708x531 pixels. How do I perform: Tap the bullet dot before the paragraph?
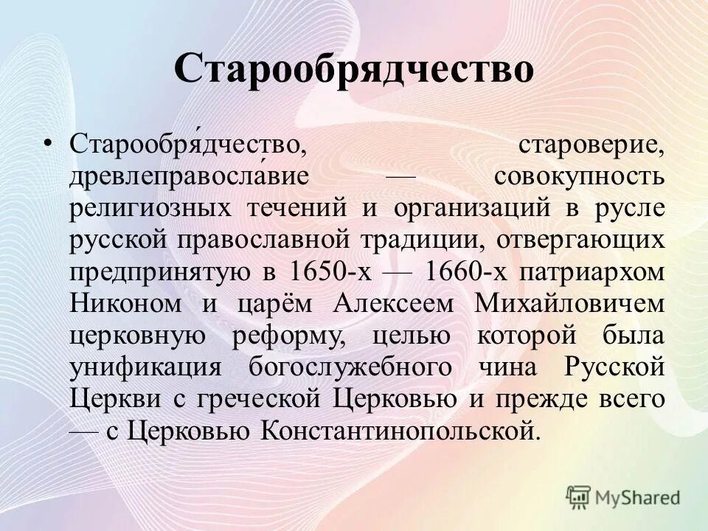tap(49, 143)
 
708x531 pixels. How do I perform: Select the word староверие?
tap(602, 145)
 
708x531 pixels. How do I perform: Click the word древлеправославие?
tap(189, 176)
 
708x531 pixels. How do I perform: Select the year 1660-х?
tap(465, 271)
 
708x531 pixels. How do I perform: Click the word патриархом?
tap(594, 271)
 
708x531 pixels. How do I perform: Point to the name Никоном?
tap(122, 303)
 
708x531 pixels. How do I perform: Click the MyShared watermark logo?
tap(622, 497)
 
